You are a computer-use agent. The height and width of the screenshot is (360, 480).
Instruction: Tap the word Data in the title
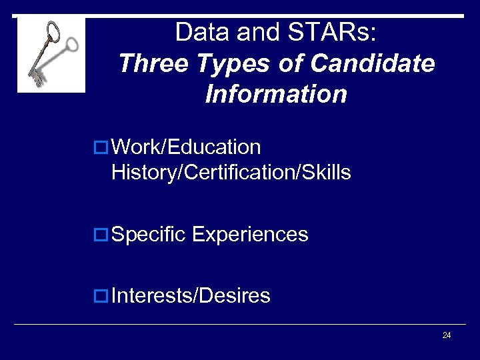198,31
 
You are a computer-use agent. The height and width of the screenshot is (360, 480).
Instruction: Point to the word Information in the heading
276,94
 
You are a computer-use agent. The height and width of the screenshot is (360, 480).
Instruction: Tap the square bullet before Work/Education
103,147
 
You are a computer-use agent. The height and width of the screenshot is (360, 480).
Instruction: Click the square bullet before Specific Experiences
103,235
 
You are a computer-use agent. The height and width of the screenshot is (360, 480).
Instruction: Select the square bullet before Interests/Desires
103,295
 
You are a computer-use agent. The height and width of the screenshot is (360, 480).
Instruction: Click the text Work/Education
186,147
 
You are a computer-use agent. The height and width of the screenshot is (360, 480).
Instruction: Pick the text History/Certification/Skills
231,173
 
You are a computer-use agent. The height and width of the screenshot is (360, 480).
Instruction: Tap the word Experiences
250,235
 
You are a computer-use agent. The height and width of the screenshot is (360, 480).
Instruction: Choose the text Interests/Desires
191,295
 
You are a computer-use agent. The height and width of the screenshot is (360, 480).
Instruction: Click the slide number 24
447,335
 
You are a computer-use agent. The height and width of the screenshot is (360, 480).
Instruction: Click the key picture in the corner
51,54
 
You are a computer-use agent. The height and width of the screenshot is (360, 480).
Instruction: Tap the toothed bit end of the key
35,77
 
